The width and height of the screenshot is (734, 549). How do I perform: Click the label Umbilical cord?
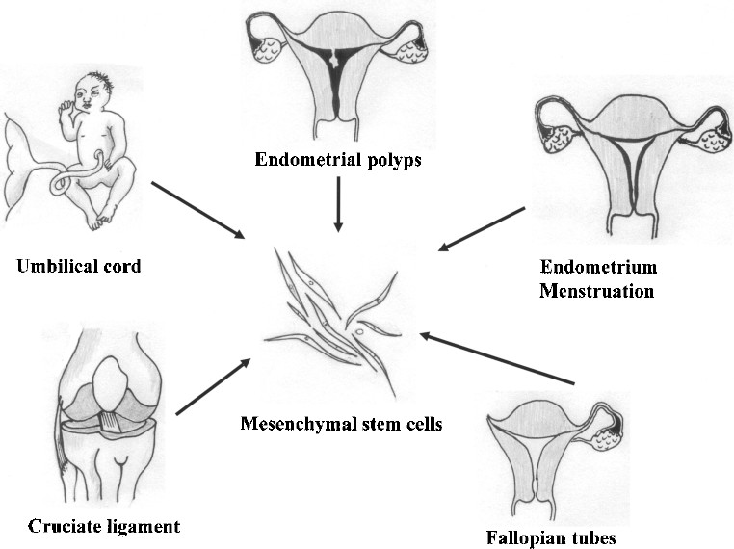78,266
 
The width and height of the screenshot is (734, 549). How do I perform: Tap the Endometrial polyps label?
337,160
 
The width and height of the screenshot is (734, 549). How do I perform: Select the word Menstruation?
596,289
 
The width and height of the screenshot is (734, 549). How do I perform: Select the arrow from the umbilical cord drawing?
197,209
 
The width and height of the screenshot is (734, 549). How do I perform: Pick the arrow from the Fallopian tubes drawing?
496,360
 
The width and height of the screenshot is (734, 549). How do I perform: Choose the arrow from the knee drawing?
214,387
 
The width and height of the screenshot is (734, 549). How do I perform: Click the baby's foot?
96,222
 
